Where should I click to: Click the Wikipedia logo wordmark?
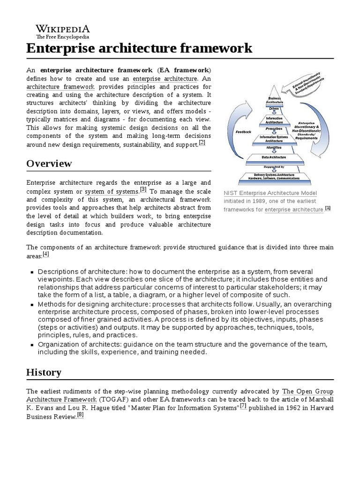[x=62, y=29]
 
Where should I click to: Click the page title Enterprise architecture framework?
[x=139, y=48]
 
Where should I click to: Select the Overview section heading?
[x=49, y=164]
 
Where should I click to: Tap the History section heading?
[x=44, y=373]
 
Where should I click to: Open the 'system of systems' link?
[x=111, y=192]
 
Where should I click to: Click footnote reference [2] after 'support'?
[x=202, y=142]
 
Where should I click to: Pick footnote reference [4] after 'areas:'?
[x=45, y=254]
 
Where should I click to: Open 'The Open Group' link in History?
[x=307, y=391]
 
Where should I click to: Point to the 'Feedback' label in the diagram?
[x=244, y=132]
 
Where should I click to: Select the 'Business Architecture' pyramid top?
[x=274, y=100]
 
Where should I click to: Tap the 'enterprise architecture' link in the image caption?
[x=294, y=210]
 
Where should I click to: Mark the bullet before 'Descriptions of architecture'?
[x=32, y=272]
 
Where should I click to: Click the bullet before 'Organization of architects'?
[x=32, y=345]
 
